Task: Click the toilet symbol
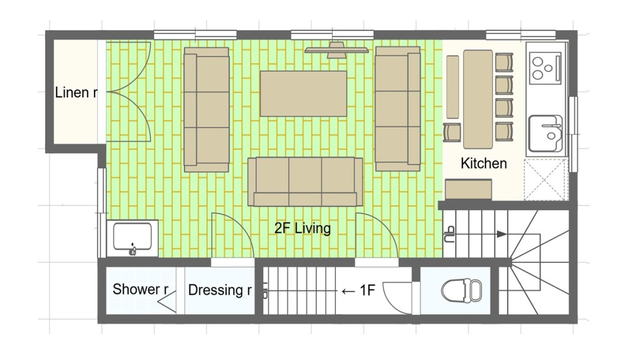[462, 290]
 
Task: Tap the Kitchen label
[484, 163]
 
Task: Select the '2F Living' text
[303, 228]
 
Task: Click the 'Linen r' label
[76, 92]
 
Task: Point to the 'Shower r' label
[141, 289]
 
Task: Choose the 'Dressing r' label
[220, 290]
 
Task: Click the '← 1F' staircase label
[358, 291]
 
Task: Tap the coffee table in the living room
[303, 93]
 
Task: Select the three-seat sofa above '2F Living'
[305, 182]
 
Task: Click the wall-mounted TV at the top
[336, 50]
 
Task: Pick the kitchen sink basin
[545, 133]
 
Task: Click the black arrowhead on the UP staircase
[502, 234]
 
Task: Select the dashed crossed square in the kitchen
[545, 179]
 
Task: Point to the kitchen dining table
[478, 99]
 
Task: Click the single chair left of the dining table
[452, 132]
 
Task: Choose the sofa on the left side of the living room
[206, 110]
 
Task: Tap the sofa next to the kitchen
[398, 108]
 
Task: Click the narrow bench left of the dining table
[453, 87]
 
